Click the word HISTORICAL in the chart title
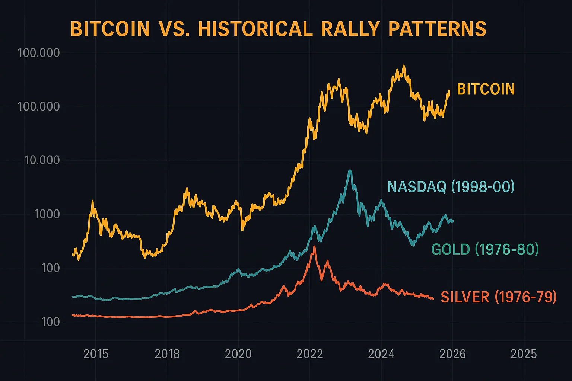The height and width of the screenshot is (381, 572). tap(255, 29)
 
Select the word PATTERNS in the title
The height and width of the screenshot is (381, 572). tap(437, 29)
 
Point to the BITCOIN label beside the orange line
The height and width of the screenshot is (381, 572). tap(486, 89)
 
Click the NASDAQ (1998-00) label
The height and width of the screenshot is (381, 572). tap(451, 186)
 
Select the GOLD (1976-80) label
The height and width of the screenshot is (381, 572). tap(485, 249)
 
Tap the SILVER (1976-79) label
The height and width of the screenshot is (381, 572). tap(498, 297)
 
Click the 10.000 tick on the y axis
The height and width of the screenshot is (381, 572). tap(42, 160)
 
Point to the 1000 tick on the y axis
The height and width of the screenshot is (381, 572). tap(47, 214)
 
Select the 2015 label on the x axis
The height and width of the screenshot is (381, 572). tap(96, 354)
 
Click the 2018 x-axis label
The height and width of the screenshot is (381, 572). tap(167, 354)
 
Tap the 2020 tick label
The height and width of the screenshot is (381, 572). tap(238, 354)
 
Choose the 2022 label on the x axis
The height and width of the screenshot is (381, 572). tap(310, 354)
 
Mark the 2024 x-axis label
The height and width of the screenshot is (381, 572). tap(381, 354)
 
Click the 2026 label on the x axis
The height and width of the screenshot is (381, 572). tap(452, 354)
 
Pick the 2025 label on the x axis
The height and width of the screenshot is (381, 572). tap(524, 354)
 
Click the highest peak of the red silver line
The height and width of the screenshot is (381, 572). tap(314, 247)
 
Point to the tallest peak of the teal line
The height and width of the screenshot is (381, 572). tap(350, 171)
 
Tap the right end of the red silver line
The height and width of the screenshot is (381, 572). tap(433, 298)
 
